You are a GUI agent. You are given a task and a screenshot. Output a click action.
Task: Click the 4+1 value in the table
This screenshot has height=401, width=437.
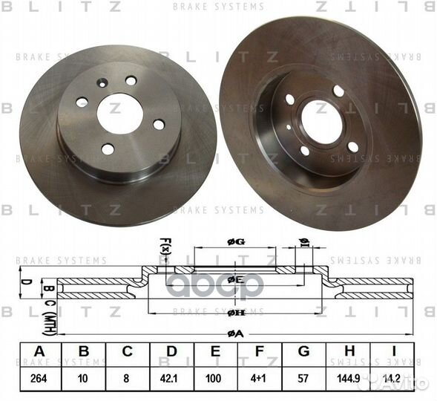[x=260, y=377]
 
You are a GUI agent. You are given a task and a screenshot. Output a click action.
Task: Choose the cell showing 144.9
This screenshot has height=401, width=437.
[x=347, y=377]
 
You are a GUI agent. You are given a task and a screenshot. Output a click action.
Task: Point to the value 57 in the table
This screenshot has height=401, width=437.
[x=303, y=377]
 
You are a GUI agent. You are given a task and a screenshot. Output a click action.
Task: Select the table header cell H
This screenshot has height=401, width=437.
[x=347, y=352]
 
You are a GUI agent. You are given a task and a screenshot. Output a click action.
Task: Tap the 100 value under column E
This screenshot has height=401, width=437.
[x=217, y=377]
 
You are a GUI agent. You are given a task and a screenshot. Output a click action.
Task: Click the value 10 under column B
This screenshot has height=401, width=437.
[x=84, y=377]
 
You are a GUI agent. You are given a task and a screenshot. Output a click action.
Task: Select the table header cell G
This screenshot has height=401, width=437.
[x=303, y=352]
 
